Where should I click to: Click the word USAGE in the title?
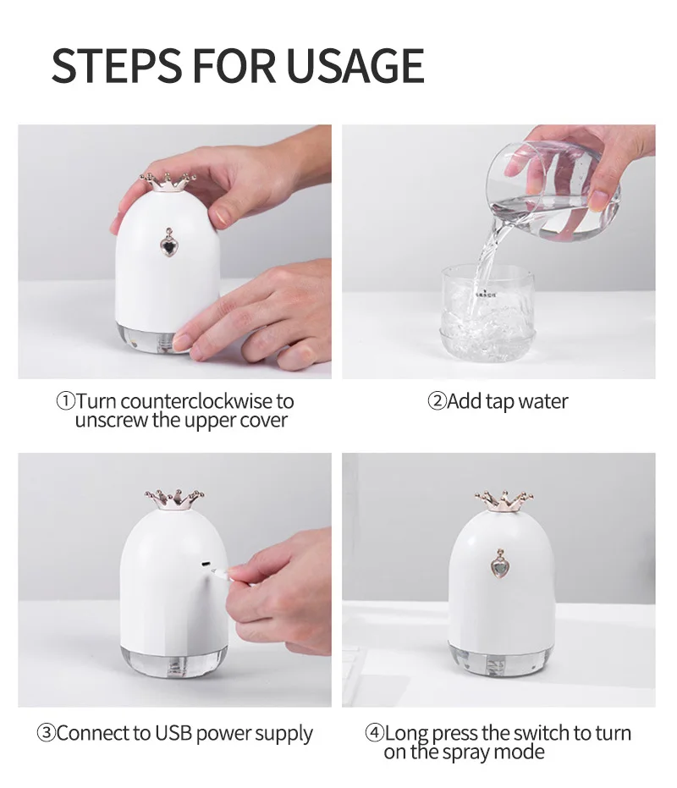point(355,65)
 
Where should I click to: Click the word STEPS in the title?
point(117,65)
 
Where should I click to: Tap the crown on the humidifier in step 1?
point(168,182)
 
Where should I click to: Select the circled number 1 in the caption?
point(65,401)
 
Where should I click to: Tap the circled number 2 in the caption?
point(437,401)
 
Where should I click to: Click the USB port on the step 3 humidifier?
point(206,564)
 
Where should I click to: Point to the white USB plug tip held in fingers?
point(219,572)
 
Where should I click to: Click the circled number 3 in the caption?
point(47,733)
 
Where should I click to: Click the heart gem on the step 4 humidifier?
point(499,564)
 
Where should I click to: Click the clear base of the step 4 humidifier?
point(499,661)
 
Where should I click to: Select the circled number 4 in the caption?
point(374,733)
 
